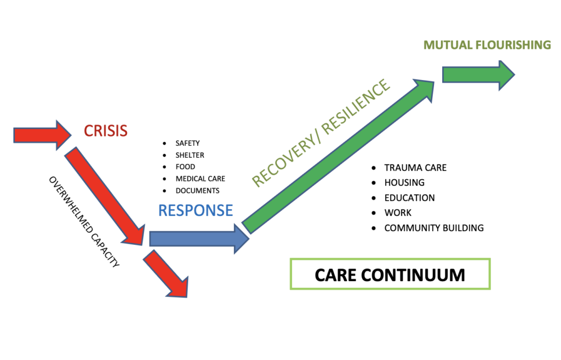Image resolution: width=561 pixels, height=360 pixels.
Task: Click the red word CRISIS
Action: click(106, 131)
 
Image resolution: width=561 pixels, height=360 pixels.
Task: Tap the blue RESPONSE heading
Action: click(196, 210)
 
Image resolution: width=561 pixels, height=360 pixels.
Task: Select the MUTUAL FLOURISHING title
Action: click(487, 45)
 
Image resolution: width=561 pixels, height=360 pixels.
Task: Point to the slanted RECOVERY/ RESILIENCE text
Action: click(320, 133)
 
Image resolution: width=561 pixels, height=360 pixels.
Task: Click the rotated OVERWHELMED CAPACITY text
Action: click(84, 222)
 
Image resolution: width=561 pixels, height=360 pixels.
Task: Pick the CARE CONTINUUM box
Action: click(390, 274)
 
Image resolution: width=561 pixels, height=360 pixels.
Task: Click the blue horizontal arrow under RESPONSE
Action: click(199, 239)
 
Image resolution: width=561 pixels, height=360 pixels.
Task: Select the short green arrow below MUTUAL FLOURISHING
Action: click(478, 75)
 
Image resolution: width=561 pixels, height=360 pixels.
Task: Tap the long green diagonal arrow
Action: click(338, 156)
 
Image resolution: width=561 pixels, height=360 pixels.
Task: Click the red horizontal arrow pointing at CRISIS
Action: click(42, 135)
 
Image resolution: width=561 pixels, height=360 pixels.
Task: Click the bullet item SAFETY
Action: click(187, 143)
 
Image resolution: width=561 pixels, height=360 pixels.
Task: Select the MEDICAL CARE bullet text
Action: click(201, 179)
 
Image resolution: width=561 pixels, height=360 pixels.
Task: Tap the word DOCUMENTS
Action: click(197, 191)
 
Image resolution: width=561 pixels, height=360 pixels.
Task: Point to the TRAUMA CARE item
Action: click(415, 168)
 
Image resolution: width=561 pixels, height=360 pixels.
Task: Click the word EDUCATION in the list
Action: click(410, 198)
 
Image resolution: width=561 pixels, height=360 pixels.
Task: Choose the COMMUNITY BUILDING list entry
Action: click(434, 228)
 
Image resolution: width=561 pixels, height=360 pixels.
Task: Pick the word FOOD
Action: click(185, 167)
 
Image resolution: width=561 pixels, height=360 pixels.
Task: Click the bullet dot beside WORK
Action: click(374, 213)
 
